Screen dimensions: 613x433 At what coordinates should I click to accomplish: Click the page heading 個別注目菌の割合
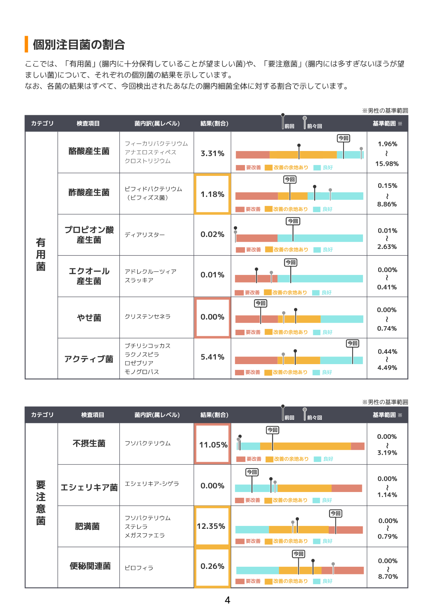[79, 44]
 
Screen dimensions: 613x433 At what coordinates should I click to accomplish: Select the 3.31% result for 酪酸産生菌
[212, 154]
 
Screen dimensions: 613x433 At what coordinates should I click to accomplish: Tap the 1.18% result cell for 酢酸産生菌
[212, 194]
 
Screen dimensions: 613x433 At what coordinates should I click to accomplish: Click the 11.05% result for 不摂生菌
[213, 445]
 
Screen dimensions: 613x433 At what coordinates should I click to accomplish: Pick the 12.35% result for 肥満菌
[211, 526]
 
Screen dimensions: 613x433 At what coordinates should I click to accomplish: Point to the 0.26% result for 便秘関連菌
[212, 566]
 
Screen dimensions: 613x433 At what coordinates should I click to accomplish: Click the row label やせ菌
[89, 318]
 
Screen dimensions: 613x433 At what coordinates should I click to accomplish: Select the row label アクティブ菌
[89, 359]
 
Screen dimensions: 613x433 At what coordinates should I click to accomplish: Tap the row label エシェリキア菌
[89, 488]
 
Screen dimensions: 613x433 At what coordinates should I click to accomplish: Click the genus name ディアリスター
[145, 235]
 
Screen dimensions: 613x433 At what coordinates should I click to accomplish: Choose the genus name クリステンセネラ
[148, 316]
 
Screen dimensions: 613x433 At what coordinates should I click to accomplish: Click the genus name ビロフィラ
[139, 568]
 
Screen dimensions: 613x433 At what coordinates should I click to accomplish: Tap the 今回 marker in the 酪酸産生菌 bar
[343, 138]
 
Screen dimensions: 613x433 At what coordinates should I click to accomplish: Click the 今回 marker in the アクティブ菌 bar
[352, 343]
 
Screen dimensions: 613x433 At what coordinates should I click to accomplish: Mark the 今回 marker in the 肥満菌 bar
[336, 513]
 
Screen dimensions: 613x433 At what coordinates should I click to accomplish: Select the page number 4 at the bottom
[227, 600]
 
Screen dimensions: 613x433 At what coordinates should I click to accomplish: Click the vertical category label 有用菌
[41, 255]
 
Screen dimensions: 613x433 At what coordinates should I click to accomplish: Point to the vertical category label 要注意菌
[41, 503]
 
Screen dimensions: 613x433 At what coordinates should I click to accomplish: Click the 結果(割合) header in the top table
[214, 124]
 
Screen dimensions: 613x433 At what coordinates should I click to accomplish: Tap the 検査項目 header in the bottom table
[92, 415]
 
